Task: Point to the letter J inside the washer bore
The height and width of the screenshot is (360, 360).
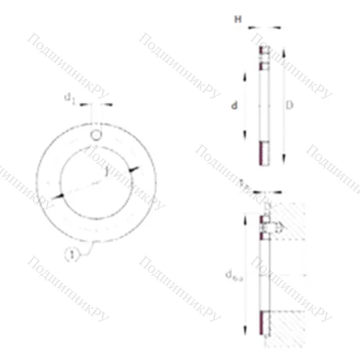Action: (105, 173)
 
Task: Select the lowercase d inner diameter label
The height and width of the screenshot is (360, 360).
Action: (234, 107)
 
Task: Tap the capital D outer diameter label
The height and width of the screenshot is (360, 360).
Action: (289, 106)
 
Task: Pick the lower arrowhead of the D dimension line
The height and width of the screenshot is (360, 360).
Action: (282, 160)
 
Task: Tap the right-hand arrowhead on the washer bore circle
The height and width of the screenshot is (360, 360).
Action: (132, 168)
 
